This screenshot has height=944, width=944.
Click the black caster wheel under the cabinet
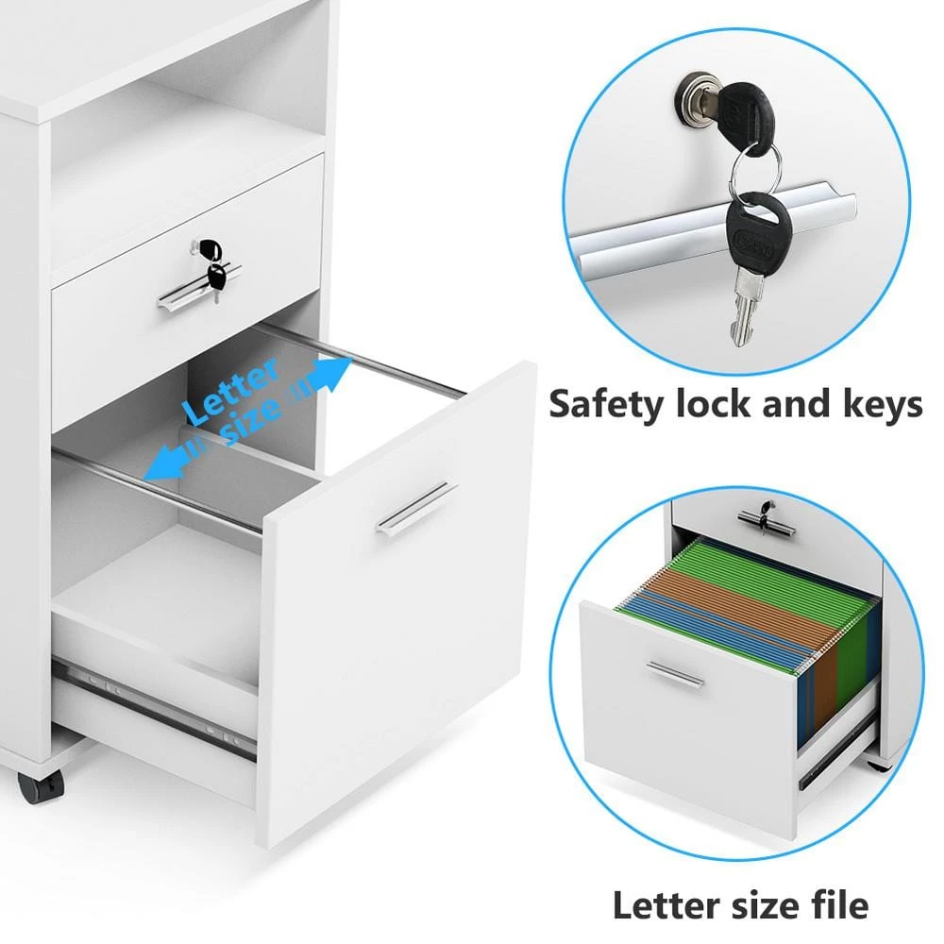pyautogui.click(x=40, y=786)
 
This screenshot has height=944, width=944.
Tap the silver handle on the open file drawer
pyautogui.click(x=416, y=507)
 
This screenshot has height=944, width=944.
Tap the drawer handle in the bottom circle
pyautogui.click(x=675, y=673)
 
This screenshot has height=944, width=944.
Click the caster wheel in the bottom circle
pyautogui.click(x=880, y=767)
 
